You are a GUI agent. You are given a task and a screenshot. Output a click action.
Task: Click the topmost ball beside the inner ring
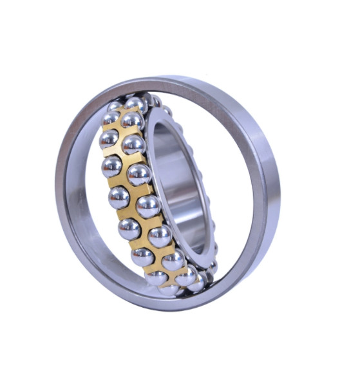[136, 104]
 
